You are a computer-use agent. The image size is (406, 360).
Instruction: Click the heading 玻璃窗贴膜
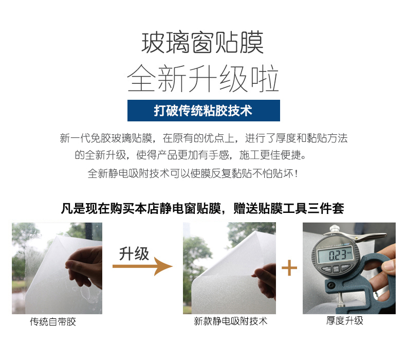click(202, 43)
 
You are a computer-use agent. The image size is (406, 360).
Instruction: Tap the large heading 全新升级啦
click(202, 78)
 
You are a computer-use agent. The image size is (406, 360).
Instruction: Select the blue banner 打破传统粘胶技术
click(204, 111)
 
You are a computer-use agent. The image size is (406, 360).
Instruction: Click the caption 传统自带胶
click(53, 321)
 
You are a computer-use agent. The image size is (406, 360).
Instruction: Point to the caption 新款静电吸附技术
click(230, 321)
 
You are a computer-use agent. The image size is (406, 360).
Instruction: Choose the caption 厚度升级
click(345, 320)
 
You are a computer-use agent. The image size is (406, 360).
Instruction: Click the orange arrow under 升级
click(142, 266)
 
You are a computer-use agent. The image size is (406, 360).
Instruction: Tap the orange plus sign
click(289, 268)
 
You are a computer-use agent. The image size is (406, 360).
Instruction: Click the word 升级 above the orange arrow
click(134, 254)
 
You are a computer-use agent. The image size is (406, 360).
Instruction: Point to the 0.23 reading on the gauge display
click(337, 255)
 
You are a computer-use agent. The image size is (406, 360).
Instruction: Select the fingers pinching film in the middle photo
click(265, 279)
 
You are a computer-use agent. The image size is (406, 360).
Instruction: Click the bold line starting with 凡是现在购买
click(202, 209)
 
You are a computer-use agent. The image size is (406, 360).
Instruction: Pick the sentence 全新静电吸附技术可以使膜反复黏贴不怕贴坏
click(193, 173)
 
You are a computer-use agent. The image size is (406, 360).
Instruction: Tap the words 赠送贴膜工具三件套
click(289, 209)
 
